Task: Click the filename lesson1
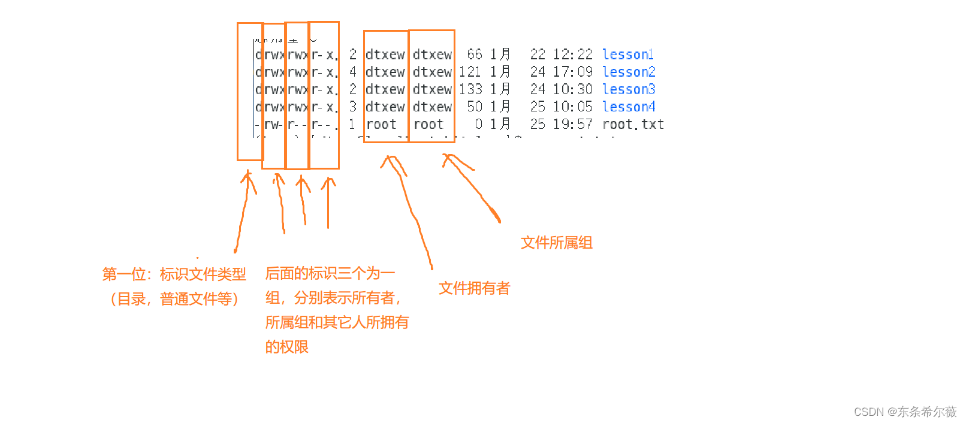click(628, 55)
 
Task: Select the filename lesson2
click(629, 72)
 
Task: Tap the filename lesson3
click(629, 89)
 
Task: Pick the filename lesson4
click(629, 107)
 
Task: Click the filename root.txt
click(633, 124)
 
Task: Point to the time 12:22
click(572, 55)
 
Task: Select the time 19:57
click(572, 124)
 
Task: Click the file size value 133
click(471, 89)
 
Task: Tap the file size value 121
click(470, 72)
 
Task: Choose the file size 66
click(475, 55)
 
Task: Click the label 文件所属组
click(557, 243)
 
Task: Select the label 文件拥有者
click(474, 288)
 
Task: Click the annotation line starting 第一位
click(174, 274)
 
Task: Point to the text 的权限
click(287, 347)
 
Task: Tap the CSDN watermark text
click(905, 412)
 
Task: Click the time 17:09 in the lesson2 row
click(572, 72)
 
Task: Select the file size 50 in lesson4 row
click(475, 107)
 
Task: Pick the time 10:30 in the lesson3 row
click(572, 89)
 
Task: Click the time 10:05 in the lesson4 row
click(572, 107)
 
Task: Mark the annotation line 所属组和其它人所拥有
click(337, 322)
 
